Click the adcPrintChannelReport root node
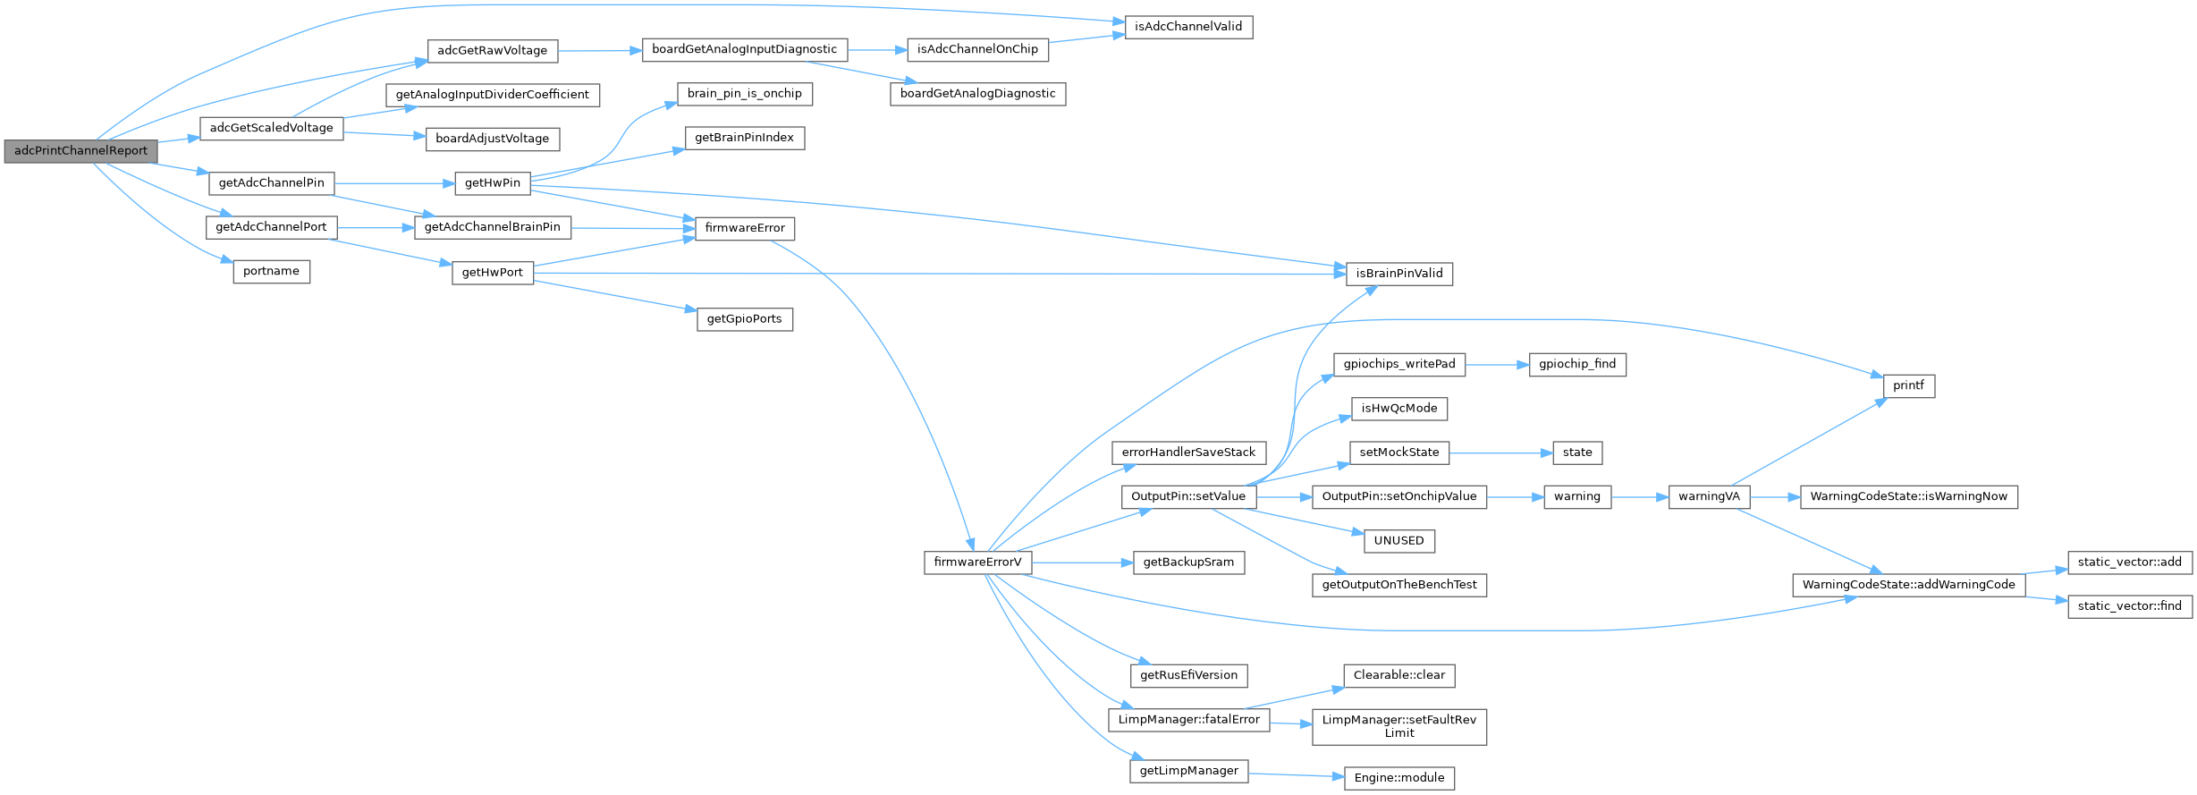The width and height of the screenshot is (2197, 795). tap(80, 151)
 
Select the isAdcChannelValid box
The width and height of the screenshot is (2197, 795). tap(1188, 27)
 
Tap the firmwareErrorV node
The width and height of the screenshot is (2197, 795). tap(977, 562)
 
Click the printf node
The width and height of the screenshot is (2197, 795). tap(1908, 385)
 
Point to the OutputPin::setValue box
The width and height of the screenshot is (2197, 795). tap(1188, 496)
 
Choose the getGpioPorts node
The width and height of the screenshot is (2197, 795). tap(744, 319)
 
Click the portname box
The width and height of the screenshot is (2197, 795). tap(271, 271)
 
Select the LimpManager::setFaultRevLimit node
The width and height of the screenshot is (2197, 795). tap(1399, 726)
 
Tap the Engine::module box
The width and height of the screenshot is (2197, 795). tap(1399, 778)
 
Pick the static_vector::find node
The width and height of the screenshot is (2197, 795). tap(2130, 606)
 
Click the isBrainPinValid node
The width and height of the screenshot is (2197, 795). tap(1399, 274)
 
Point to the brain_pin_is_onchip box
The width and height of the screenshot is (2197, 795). tap(744, 94)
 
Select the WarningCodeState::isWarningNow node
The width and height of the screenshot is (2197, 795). tap(1908, 496)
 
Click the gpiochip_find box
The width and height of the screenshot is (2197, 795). tap(1577, 364)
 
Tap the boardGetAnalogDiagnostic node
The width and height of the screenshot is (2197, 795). tap(977, 94)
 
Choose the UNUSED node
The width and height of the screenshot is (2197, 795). tap(1398, 541)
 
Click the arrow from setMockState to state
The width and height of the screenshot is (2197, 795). tap(1500, 452)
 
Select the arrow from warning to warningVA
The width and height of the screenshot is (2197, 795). tap(1640, 496)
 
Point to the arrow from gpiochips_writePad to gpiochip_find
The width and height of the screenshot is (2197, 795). tap(1497, 364)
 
